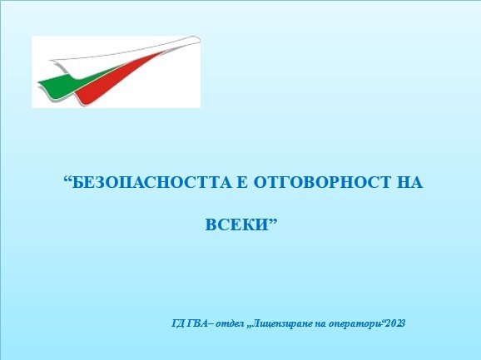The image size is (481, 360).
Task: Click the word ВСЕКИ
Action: (236, 224)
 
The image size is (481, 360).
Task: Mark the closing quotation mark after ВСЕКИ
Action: (272, 221)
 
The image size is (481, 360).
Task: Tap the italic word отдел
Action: (230, 324)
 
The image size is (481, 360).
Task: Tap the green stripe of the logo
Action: (71, 83)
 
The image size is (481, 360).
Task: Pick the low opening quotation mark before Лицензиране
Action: (250, 327)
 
